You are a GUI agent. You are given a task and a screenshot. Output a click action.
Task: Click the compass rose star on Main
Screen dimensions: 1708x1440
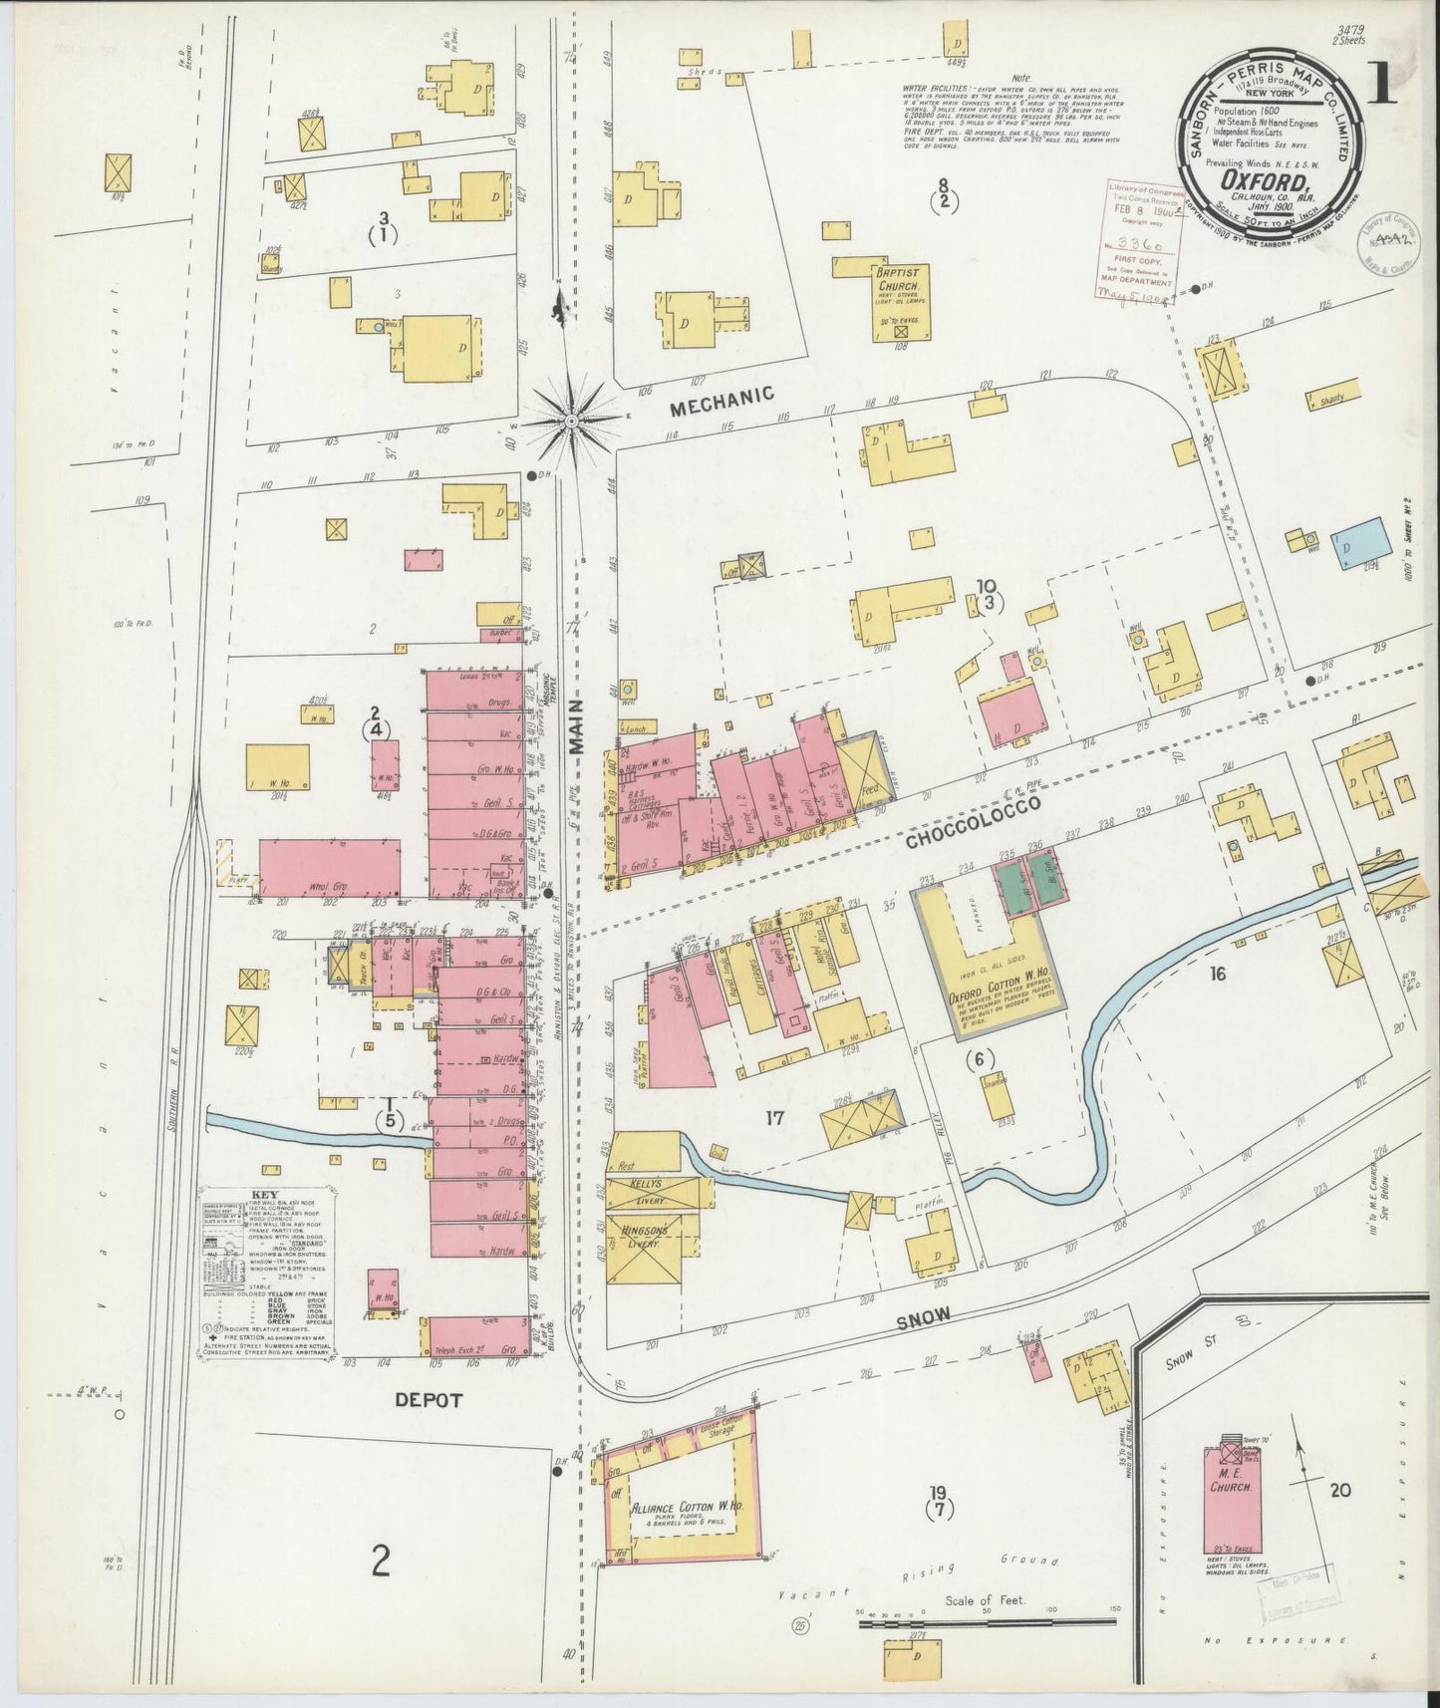572,423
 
